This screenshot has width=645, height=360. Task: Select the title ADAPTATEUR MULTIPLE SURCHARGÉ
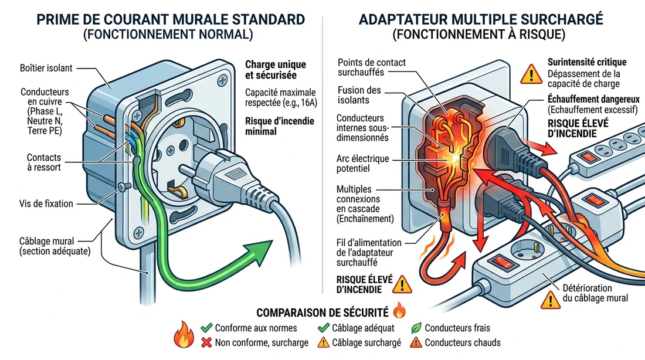pos(480,19)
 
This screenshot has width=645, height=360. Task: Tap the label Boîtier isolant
pos(45,68)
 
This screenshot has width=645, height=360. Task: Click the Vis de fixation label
pos(45,204)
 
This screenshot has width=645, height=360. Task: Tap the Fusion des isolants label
pos(359,96)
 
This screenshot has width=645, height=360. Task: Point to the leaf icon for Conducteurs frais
pos(416,328)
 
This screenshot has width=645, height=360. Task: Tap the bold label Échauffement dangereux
pos(593,99)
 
